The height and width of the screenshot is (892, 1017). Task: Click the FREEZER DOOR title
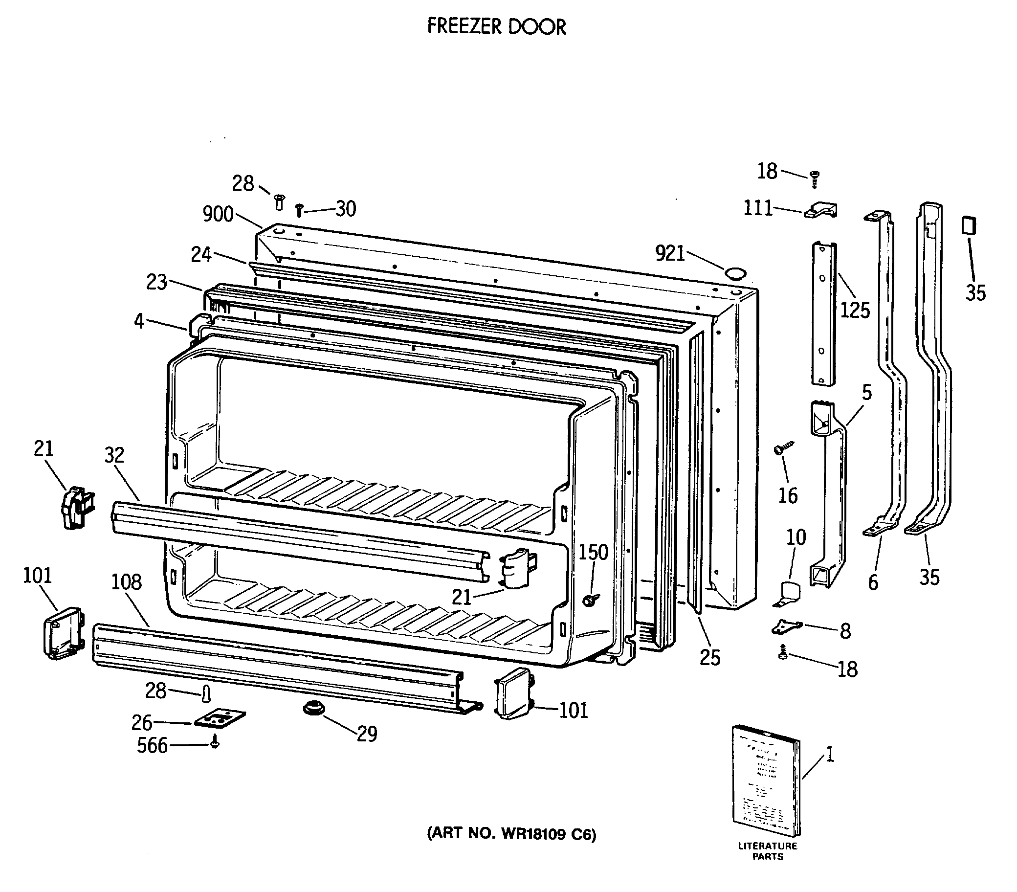tap(496, 27)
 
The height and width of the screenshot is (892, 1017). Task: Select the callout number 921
tap(670, 253)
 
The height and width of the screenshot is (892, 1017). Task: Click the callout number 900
tap(218, 214)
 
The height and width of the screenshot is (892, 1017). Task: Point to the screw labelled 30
tap(299, 210)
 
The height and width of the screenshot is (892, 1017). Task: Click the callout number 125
tap(855, 311)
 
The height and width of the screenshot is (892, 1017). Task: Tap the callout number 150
tap(593, 552)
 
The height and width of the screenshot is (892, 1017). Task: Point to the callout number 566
tap(152, 746)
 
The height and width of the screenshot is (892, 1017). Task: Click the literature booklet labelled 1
tap(766, 782)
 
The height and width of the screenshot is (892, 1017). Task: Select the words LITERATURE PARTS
tap(767, 851)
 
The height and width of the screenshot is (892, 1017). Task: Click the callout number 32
tap(114, 455)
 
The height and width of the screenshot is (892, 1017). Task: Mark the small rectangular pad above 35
tap(969, 225)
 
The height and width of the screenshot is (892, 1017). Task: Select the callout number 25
tap(709, 658)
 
